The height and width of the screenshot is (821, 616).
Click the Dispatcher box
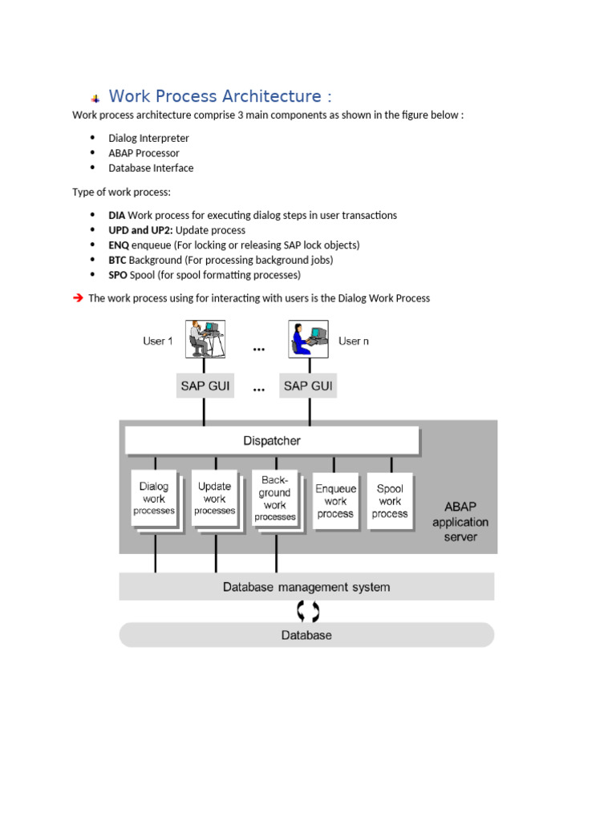[x=272, y=440]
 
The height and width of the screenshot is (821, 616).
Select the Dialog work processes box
[x=154, y=498]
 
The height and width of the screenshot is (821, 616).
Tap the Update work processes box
[x=214, y=498]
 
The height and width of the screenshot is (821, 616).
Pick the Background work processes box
[x=274, y=498]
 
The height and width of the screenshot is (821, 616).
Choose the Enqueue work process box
[x=335, y=501]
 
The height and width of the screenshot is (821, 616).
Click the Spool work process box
[x=390, y=501]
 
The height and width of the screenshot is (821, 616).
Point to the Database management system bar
[x=306, y=587]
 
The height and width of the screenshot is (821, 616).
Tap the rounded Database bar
[x=306, y=635]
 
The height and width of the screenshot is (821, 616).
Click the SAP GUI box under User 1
[x=204, y=386]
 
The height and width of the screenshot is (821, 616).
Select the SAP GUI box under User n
[x=308, y=386]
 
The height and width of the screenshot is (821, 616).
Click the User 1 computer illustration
[x=205, y=339]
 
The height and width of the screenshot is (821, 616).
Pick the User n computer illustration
[x=309, y=339]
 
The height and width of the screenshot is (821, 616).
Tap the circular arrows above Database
[x=307, y=612]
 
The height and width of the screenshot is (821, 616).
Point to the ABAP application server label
[x=460, y=522]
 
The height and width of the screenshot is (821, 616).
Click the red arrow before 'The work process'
[x=78, y=297]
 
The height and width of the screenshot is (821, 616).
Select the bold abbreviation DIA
[x=117, y=215]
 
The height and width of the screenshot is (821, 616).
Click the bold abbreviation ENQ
[x=119, y=245]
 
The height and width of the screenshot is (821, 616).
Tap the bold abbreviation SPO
[x=118, y=275]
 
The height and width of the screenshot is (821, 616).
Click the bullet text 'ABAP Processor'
[x=144, y=153]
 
